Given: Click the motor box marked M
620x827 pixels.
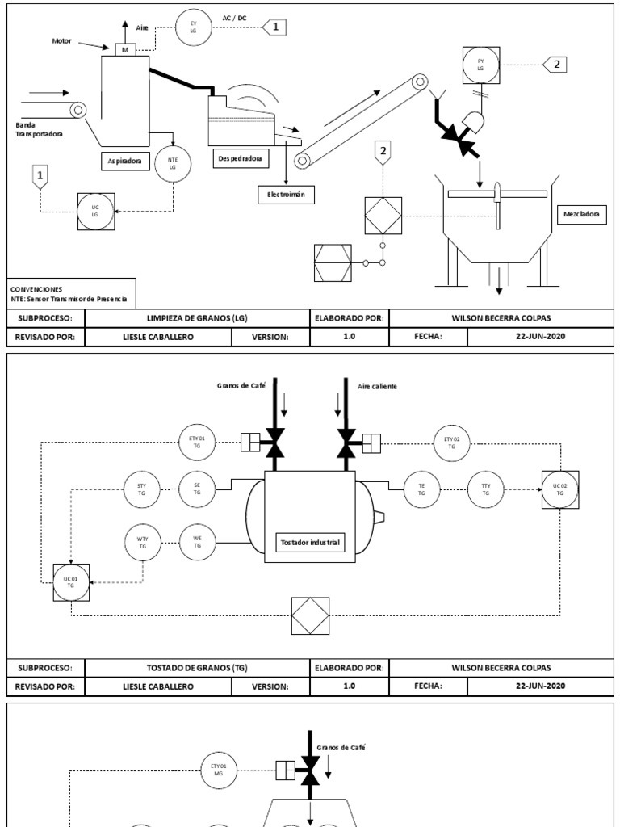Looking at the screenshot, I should click(x=124, y=50).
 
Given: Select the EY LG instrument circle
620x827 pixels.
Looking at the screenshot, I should click(x=193, y=27).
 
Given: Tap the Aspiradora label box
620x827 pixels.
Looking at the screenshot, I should click(x=124, y=161).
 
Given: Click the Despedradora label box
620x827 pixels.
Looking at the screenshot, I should click(x=239, y=158).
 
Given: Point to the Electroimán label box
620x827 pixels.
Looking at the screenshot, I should click(x=286, y=195).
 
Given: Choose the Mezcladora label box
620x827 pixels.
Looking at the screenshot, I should click(x=581, y=215).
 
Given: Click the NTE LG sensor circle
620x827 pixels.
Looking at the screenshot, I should click(x=172, y=163).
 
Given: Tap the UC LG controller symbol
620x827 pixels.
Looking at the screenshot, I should click(x=94, y=210).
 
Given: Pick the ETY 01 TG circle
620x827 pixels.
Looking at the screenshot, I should click(x=197, y=443).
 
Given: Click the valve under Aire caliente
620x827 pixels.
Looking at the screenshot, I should click(x=348, y=443).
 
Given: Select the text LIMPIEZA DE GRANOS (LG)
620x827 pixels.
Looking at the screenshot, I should click(x=197, y=317).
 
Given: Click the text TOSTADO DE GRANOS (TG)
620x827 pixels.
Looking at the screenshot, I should click(x=197, y=668).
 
